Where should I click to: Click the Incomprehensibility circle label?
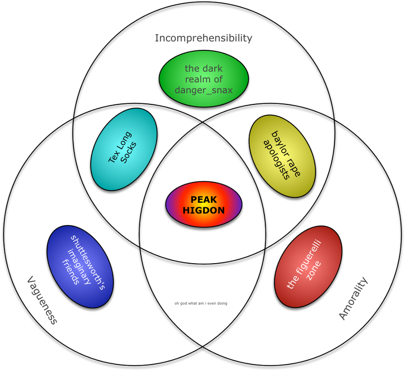coord(203,38)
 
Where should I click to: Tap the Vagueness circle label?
coord(42,300)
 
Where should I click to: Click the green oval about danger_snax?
coord(203,79)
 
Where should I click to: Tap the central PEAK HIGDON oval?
coord(203,205)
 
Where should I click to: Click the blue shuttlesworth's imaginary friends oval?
coord(80,267)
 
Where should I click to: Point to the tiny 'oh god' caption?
coord(201,303)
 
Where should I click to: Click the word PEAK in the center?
coord(203,199)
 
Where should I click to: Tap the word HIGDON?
coord(203,210)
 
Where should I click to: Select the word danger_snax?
coord(203,91)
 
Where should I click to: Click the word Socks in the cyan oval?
coord(129,155)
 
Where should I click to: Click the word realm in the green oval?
coord(203,79)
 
